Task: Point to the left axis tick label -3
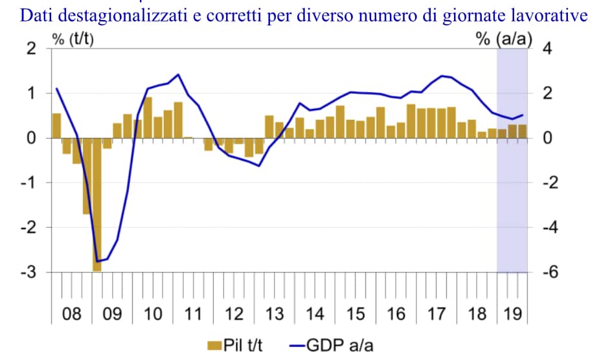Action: [29, 273]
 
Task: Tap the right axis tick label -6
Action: [549, 273]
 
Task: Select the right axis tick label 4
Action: [546, 49]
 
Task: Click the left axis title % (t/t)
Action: [73, 39]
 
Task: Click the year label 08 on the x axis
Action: [71, 315]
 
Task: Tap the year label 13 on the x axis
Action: [275, 315]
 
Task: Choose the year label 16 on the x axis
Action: [396, 315]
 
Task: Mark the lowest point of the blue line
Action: [97, 261]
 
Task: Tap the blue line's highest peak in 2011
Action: [179, 74]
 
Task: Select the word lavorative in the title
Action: [555, 16]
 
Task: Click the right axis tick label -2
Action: [549, 183]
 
